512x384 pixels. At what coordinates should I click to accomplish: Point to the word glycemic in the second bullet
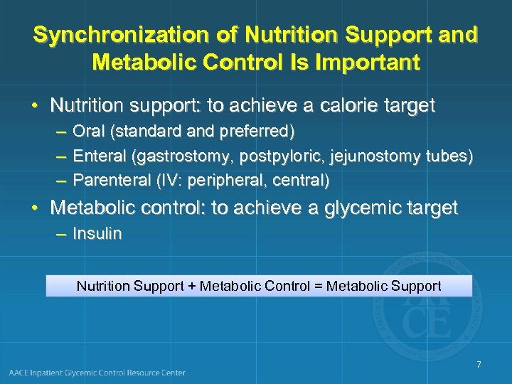[368, 208]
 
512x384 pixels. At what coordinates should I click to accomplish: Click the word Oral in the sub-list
[87, 132]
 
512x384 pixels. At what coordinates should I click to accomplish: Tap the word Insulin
[97, 234]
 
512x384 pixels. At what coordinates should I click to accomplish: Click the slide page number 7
[479, 365]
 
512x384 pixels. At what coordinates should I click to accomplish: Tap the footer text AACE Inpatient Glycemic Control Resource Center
[97, 373]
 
